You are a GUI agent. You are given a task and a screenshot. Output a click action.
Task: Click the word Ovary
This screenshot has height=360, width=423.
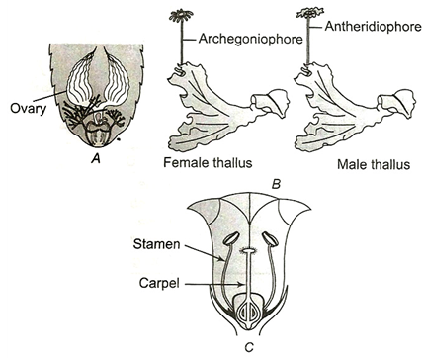click(28, 109)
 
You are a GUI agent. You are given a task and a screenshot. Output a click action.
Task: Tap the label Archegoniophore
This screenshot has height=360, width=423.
click(250, 39)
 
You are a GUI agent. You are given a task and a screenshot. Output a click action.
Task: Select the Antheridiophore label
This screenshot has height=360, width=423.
click(374, 27)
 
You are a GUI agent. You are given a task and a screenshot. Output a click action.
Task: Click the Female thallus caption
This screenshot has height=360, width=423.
click(208, 163)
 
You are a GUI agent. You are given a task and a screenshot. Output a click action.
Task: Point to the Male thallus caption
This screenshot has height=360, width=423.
click(374, 164)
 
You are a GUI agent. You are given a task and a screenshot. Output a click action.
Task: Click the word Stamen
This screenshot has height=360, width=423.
click(157, 244)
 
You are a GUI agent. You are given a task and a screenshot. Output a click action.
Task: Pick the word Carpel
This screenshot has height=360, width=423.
click(159, 283)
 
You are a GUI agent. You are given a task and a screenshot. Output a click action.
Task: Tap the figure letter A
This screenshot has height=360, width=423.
click(96, 159)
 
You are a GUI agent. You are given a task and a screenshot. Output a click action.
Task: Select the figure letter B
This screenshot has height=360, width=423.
click(276, 184)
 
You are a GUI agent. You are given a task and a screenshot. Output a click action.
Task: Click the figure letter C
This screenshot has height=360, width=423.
click(249, 347)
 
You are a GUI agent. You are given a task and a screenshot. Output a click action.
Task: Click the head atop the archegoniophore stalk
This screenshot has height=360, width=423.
click(181, 15)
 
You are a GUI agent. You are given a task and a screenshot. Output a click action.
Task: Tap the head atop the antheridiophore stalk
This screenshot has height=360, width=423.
click(308, 13)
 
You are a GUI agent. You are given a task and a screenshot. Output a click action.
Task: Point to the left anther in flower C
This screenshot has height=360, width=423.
click(231, 238)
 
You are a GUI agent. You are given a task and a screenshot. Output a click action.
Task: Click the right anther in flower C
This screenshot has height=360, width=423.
click(271, 239)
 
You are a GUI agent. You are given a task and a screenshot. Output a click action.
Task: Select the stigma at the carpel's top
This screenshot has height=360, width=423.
click(249, 251)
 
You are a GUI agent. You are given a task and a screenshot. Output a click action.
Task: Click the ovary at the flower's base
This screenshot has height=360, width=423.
click(249, 313)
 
